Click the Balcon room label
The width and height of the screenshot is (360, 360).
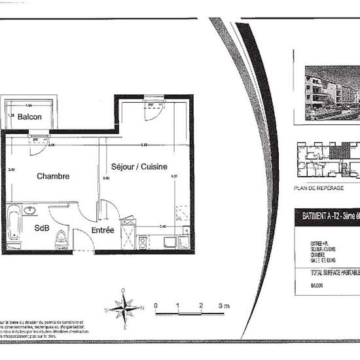click(x=29, y=117)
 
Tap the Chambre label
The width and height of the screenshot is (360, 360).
click(x=53, y=176)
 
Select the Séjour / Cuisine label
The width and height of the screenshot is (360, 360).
click(x=139, y=166)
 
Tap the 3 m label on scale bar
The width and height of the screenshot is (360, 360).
click(x=224, y=306)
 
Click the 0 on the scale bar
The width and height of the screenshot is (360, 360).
click(x=155, y=306)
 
